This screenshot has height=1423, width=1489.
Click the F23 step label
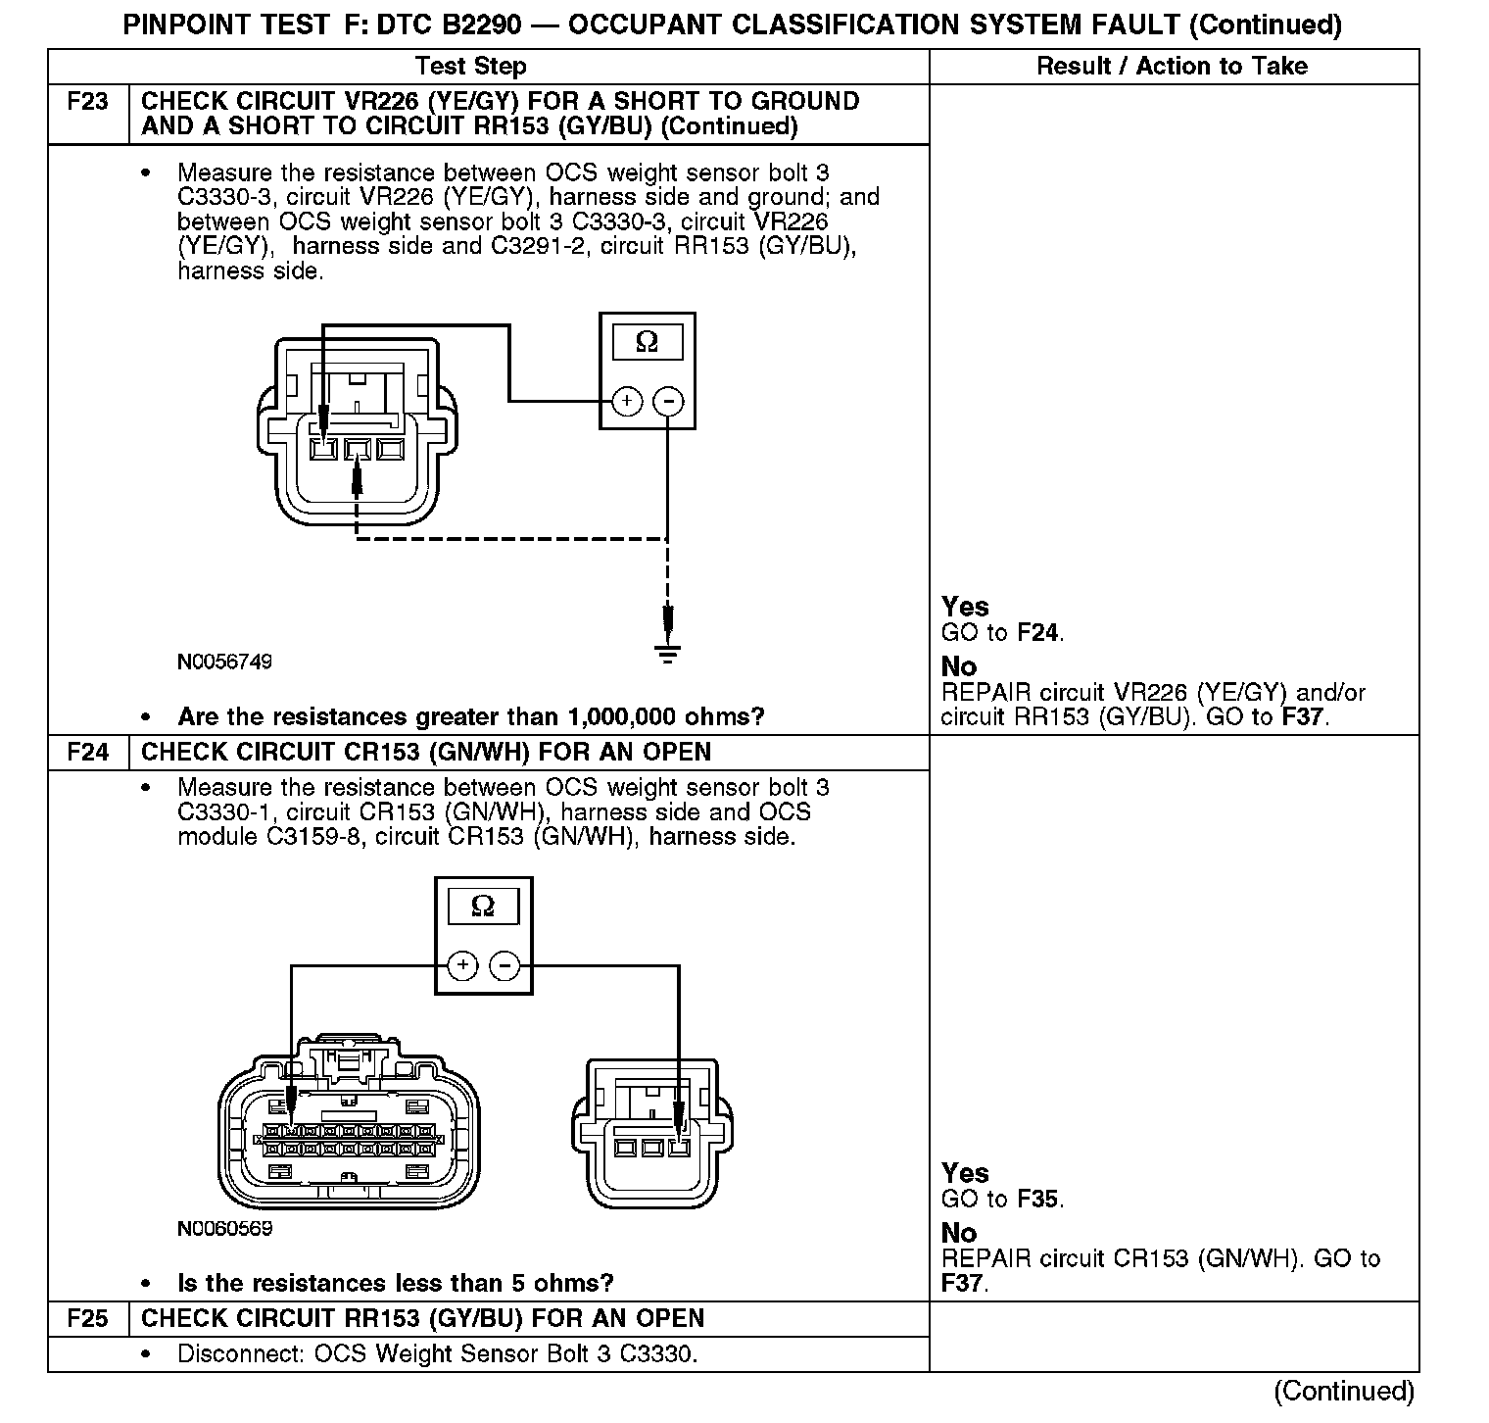click(87, 102)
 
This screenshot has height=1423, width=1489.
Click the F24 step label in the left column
click(87, 753)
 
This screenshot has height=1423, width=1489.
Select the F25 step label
click(87, 1319)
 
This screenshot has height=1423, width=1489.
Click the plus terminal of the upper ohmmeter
click(627, 401)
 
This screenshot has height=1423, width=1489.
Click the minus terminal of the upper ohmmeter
click(668, 401)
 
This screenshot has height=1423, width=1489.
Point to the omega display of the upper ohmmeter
click(647, 342)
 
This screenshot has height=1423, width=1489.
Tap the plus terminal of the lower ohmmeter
click(462, 966)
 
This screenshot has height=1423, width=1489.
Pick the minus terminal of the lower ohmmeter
click(504, 966)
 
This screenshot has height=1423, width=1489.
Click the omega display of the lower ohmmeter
click(483, 907)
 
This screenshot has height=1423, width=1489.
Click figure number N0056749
click(224, 662)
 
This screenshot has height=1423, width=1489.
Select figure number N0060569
click(224, 1228)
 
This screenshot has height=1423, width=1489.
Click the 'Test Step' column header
click(470, 67)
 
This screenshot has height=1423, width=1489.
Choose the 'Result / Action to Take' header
click(1172, 67)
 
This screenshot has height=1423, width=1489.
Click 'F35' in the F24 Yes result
click(1040, 1199)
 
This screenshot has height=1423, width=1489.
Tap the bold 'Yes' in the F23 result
click(965, 607)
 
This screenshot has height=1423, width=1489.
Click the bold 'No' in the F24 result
click(959, 1233)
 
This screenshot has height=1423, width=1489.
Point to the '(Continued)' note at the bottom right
click(1344, 1391)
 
